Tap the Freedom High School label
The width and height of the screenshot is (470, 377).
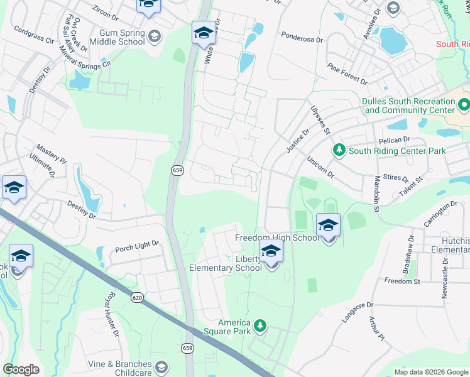coord(277,238)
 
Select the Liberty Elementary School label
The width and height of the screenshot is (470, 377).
coord(226,264)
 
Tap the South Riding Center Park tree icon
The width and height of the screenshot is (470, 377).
coord(339,150)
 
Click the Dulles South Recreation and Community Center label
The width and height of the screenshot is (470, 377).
coord(408,106)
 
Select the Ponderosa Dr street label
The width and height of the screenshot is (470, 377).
coord(302,38)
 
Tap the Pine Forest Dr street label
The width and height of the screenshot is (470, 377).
coord(347,74)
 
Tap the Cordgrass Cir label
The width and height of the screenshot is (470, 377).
coord(34,35)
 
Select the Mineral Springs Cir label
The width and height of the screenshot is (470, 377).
coord(84,55)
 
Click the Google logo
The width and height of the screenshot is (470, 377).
coord(21,369)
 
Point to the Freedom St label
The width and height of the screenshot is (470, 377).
coord(402,281)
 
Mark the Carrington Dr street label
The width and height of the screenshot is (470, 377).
coord(440,210)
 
